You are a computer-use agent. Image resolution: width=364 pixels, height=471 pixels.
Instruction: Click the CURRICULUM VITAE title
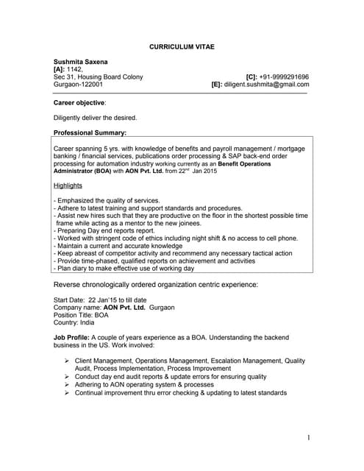[x=182, y=45]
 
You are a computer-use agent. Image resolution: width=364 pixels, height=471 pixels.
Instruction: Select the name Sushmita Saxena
[x=80, y=61]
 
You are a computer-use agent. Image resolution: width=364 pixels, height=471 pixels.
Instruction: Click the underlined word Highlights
[x=68, y=185]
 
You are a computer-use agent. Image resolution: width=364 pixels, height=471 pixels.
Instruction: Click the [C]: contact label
[x=251, y=77]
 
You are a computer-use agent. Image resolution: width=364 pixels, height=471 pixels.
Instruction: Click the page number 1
[x=309, y=439]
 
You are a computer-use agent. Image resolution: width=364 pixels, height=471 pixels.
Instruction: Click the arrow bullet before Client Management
[x=67, y=361]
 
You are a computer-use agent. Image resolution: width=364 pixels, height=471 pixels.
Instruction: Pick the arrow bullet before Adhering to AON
[x=67, y=385]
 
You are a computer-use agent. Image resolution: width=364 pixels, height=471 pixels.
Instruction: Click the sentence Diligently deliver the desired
[x=96, y=118]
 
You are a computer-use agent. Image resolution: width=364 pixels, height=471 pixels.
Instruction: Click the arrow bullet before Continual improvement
[x=67, y=393]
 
